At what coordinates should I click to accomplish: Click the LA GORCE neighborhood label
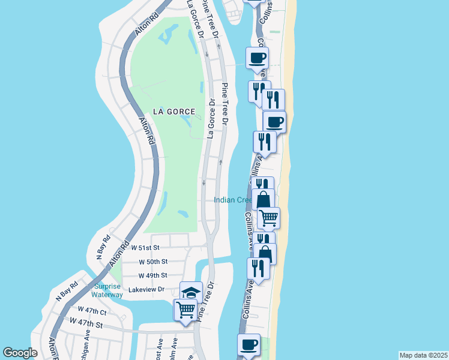(174, 112)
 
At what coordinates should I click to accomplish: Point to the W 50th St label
(153, 262)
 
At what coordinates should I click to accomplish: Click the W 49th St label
(152, 275)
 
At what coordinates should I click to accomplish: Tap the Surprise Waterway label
(107, 290)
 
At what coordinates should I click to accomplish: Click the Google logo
(20, 353)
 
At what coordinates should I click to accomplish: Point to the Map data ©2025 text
(423, 355)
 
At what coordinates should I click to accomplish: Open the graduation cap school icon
(191, 292)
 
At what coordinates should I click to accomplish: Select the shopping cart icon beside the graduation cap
(185, 310)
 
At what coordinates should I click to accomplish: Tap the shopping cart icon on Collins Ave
(268, 217)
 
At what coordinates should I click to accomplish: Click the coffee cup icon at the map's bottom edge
(249, 344)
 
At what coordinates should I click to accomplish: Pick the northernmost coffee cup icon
(257, 58)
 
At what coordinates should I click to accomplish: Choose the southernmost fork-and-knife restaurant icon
(258, 268)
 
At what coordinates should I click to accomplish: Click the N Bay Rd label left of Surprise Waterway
(67, 290)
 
